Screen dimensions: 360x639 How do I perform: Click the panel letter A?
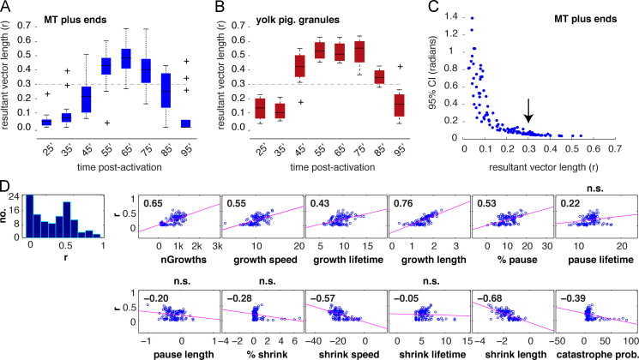tap(6, 8)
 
